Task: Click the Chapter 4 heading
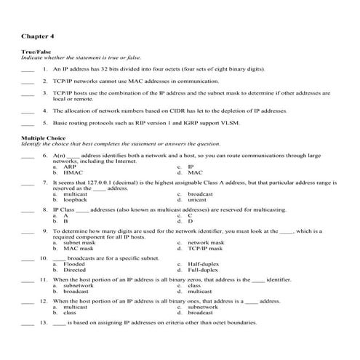pyautogui.click(x=37, y=35)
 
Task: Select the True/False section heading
pyautogui.click(x=36, y=52)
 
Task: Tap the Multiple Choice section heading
pyautogui.click(x=44, y=137)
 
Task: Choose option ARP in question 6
pyautogui.click(x=70, y=167)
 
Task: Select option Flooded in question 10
pyautogui.click(x=74, y=263)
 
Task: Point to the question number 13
pyautogui.click(x=44, y=321)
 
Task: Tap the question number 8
pyautogui.click(x=45, y=209)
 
